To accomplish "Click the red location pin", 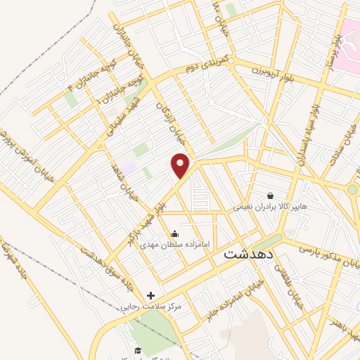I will click(181, 165).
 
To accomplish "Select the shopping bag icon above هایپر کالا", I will click(270, 195).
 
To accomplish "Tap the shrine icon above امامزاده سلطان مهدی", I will click(174, 233).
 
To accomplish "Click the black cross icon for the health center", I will click(150, 295).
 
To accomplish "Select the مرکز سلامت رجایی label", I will click(150, 307).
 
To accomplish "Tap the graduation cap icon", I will click(139, 350).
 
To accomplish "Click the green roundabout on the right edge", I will click(352, 189).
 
